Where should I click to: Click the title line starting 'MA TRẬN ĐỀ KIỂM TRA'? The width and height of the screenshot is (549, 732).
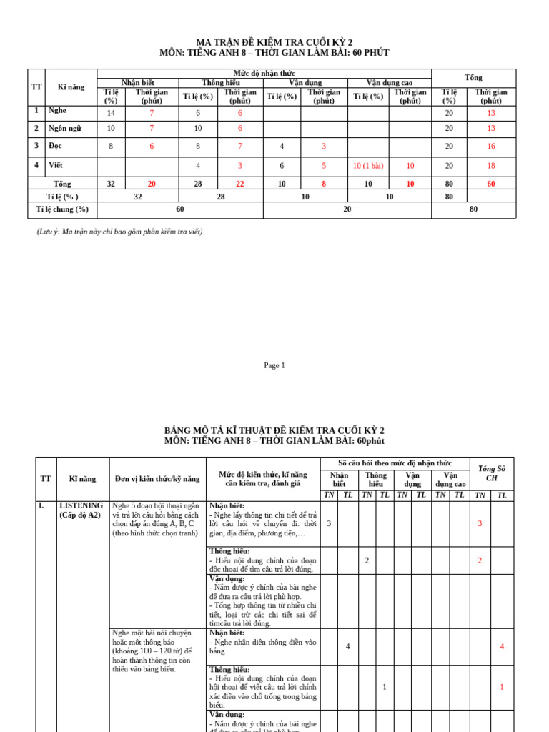(274, 42)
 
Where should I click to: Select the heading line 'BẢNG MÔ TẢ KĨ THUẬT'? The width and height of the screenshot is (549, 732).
(274, 430)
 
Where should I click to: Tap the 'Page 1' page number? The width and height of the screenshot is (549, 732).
(274, 365)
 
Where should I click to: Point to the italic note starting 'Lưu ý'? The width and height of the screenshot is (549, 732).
(119, 232)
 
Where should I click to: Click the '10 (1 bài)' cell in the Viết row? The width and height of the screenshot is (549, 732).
(368, 166)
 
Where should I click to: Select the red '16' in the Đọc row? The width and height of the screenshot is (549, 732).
(490, 147)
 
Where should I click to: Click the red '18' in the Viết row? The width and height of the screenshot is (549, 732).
(490, 166)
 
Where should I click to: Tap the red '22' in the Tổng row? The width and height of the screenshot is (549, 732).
(239, 184)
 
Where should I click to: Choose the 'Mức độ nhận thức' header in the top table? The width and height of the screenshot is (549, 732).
(264, 74)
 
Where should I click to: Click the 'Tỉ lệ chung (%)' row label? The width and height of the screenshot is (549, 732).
(62, 209)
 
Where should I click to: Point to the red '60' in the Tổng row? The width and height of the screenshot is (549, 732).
(490, 184)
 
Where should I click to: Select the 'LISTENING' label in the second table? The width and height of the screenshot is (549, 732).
(81, 505)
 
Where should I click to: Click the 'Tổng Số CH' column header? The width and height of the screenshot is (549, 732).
(491, 473)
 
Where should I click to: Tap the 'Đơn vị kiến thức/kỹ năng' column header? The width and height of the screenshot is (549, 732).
(157, 479)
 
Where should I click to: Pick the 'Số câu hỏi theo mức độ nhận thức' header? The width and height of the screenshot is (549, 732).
(395, 463)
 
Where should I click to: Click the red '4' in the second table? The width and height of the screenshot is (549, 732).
(502, 646)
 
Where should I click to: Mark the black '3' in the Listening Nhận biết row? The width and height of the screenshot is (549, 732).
(329, 523)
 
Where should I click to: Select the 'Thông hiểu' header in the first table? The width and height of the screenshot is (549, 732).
(221, 83)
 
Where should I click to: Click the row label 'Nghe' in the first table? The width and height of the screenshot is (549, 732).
(57, 111)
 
